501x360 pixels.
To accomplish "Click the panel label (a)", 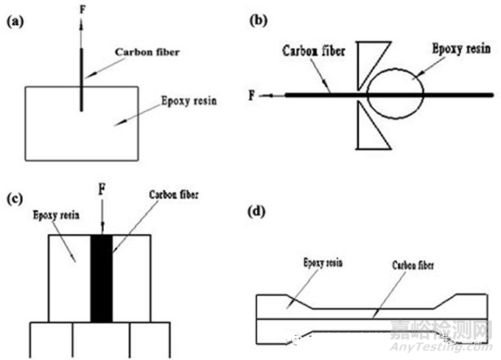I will point(15,23).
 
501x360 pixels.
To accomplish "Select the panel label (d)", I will point(259,213).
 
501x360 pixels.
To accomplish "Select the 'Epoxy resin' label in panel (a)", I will point(189,101).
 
